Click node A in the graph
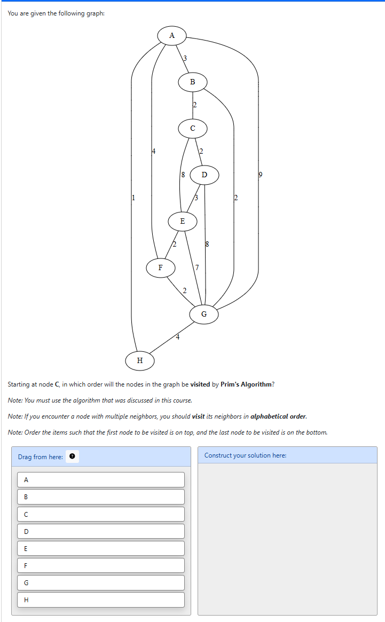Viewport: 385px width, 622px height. click(x=171, y=36)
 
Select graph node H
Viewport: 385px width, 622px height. click(x=140, y=360)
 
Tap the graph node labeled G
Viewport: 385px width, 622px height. click(x=204, y=314)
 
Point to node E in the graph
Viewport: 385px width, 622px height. click(x=182, y=221)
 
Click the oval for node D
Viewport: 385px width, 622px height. click(x=205, y=175)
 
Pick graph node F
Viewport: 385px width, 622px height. click(x=160, y=267)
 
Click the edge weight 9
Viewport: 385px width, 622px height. click(x=261, y=175)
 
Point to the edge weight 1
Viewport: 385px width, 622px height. click(x=133, y=198)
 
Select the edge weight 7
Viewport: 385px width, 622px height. click(x=197, y=267)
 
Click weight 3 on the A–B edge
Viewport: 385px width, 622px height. click(x=185, y=58)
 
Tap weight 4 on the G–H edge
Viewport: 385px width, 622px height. click(x=178, y=337)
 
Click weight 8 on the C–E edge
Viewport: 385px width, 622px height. click(x=183, y=175)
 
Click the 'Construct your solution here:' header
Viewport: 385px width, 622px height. click(x=245, y=455)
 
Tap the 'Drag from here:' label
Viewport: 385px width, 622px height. click(x=41, y=457)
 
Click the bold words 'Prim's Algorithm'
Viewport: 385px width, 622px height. click(x=246, y=384)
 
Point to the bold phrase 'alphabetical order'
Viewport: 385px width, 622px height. click(x=278, y=416)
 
